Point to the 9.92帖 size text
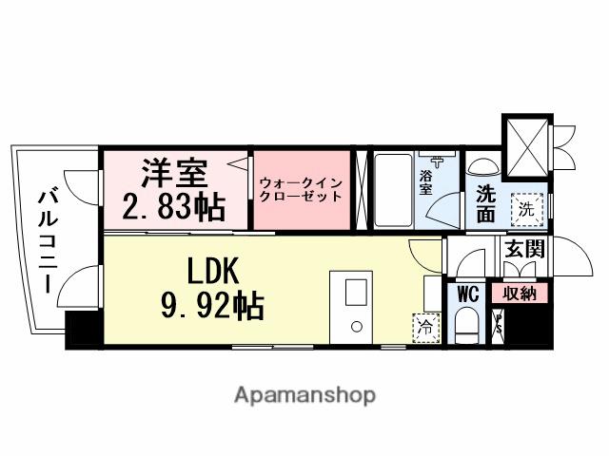click(212, 307)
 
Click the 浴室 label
click(427, 181)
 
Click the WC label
click(467, 293)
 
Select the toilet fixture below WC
click(466, 327)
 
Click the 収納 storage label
click(520, 294)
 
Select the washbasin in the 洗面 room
click(483, 165)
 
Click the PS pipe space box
click(498, 324)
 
